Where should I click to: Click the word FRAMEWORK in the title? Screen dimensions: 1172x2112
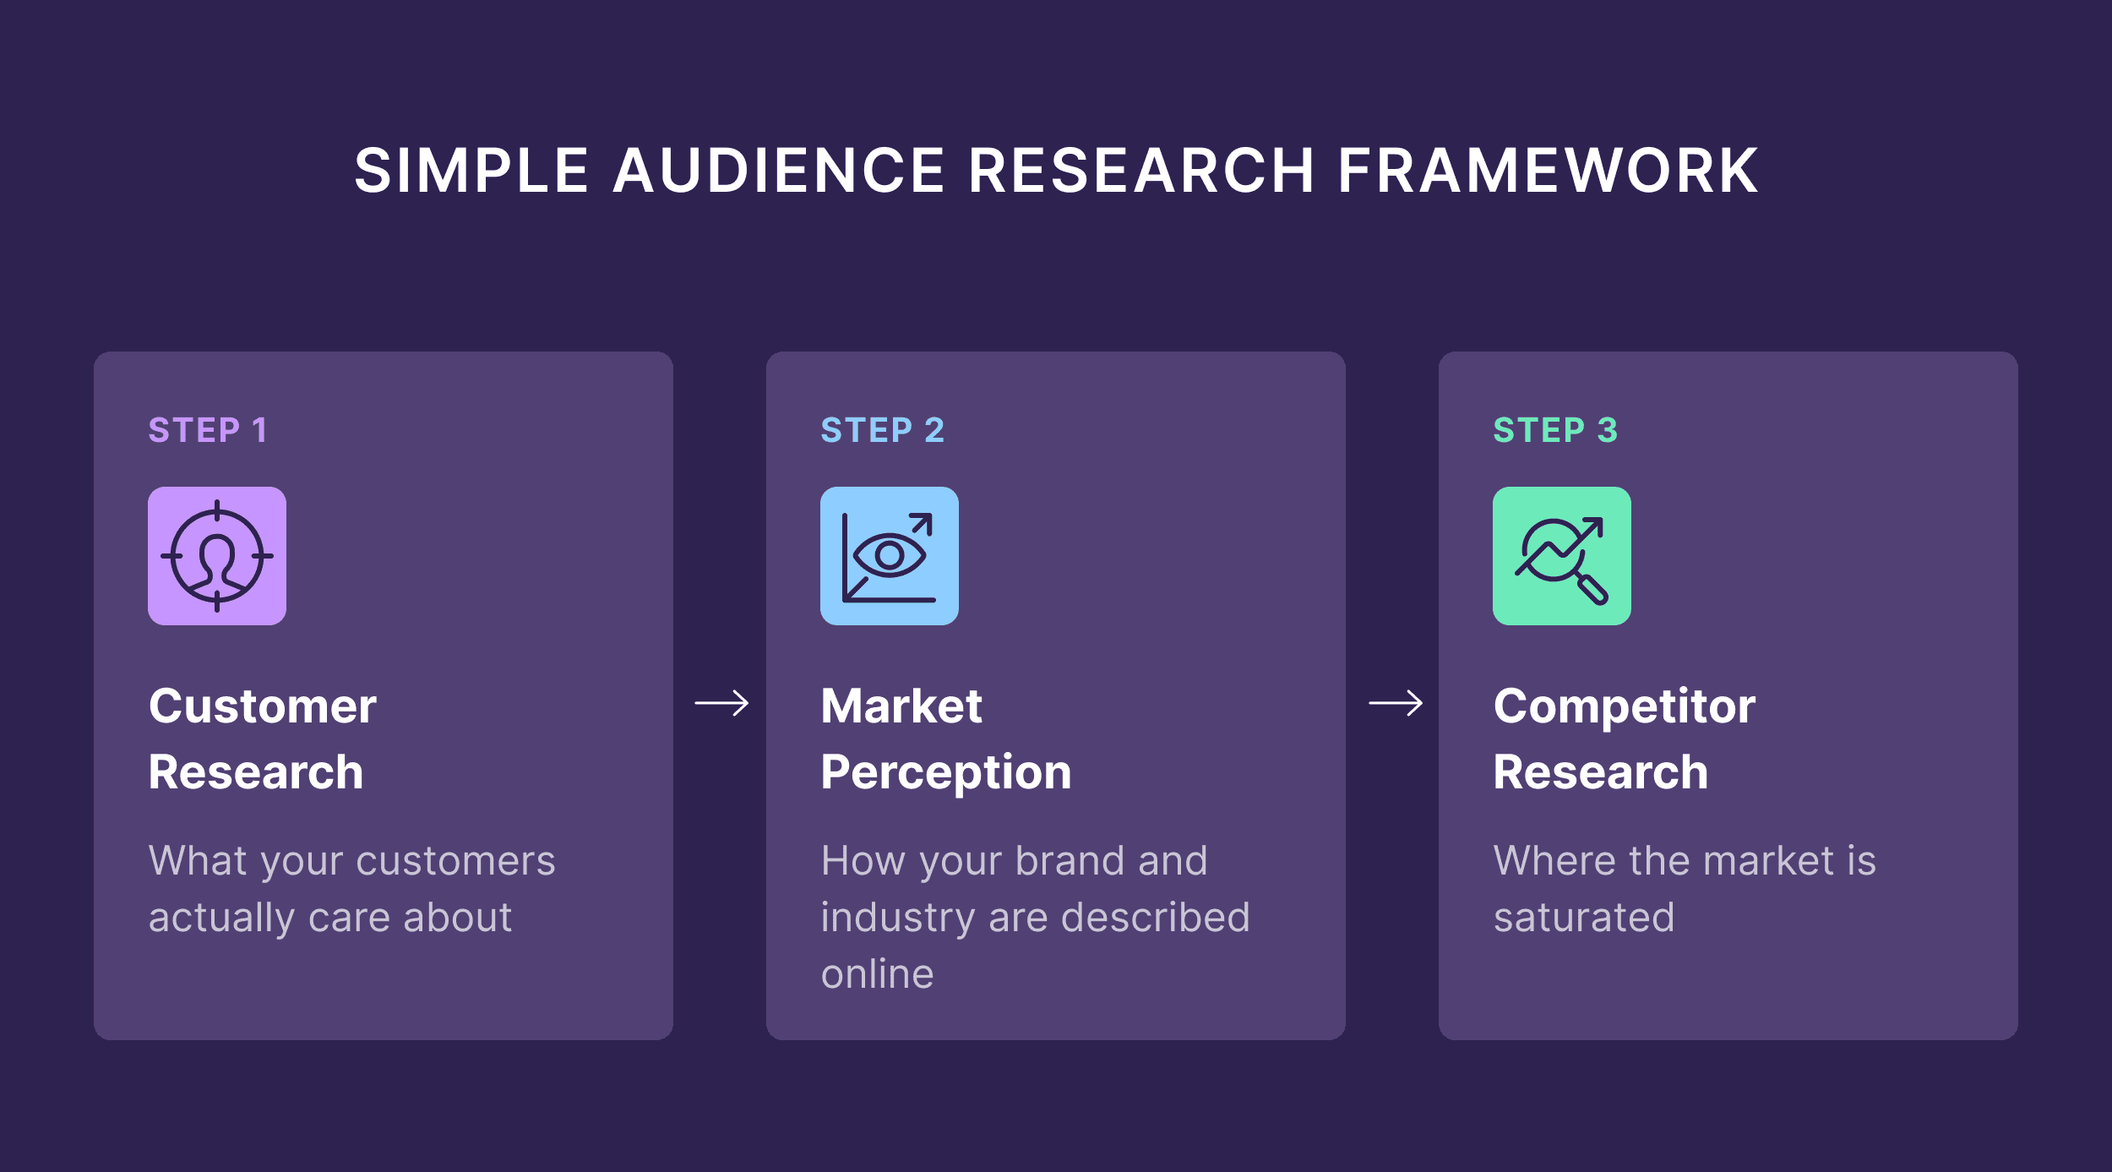(x=1548, y=171)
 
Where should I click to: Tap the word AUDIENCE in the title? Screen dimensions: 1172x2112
(x=778, y=171)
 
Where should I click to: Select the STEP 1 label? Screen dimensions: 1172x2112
(x=208, y=430)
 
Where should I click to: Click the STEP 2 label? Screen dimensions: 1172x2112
(x=882, y=430)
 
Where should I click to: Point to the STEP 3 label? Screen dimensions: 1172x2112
(x=1555, y=430)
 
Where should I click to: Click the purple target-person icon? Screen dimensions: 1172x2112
(x=217, y=556)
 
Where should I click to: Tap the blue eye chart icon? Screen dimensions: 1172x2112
(x=889, y=556)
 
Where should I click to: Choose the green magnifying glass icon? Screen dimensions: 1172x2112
(x=1561, y=556)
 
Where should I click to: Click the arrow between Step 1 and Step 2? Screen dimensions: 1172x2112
(x=721, y=703)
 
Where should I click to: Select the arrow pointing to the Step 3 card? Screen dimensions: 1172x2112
(x=1396, y=703)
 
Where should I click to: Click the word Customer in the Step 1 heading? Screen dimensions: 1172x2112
(x=263, y=706)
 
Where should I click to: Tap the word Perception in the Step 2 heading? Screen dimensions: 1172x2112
(x=946, y=773)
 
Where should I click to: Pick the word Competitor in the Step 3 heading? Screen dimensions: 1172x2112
(x=1625, y=706)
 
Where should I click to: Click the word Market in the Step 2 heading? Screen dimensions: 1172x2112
(x=901, y=706)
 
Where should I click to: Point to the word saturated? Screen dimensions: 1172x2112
(x=1584, y=918)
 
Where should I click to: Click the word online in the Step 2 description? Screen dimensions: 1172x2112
(x=878, y=974)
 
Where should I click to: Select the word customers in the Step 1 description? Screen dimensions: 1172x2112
(x=456, y=861)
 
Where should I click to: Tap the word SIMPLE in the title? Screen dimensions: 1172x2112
(x=471, y=171)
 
